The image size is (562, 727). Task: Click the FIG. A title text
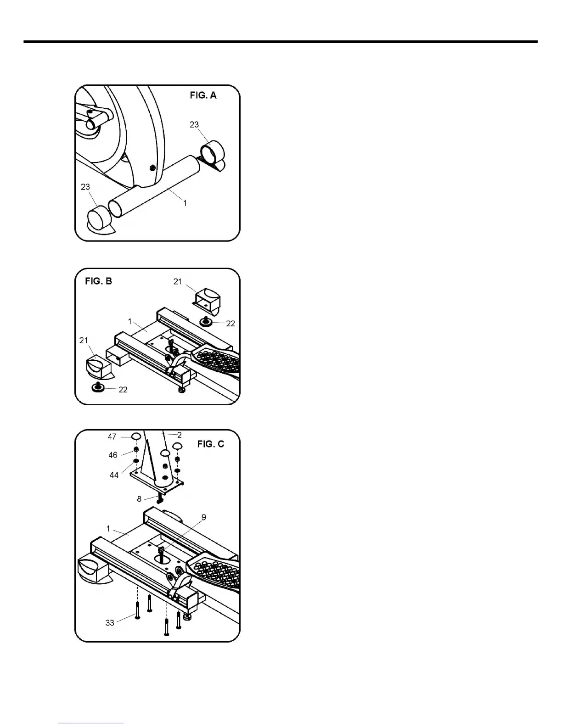pos(203,95)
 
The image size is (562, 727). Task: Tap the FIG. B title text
pos(98,281)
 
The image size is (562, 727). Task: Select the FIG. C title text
pos(211,444)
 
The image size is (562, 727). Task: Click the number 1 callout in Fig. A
pos(185,202)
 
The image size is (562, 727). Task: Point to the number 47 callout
pos(112,436)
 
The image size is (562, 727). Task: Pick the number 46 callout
pos(113,455)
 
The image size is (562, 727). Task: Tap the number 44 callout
pos(114,475)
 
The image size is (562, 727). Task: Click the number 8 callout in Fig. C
pos(140,499)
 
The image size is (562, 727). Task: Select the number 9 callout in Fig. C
pos(203,517)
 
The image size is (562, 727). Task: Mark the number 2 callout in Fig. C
pos(180,435)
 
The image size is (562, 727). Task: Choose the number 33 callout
pos(110,623)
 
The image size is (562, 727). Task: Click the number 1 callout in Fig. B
pos(130,322)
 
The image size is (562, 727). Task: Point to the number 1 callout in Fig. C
pos(108,529)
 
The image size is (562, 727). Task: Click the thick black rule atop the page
pos(280,42)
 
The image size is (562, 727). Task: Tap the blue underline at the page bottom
pos(91,723)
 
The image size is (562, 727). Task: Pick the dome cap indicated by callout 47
pos(136,436)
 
